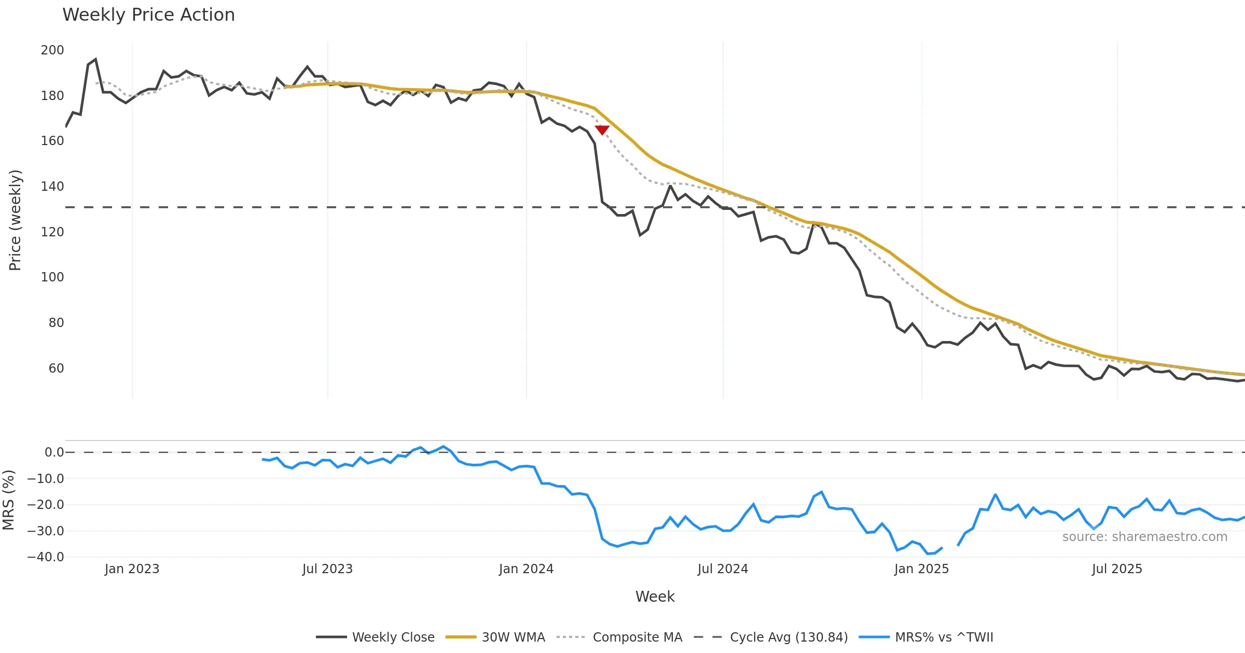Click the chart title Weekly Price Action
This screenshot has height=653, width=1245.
pyautogui.click(x=148, y=15)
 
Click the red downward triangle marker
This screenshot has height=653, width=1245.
pyautogui.click(x=602, y=130)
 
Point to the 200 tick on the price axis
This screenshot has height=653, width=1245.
pyautogui.click(x=52, y=50)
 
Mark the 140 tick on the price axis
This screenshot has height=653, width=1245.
pyautogui.click(x=52, y=187)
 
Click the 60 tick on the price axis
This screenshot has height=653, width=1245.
pyautogui.click(x=56, y=368)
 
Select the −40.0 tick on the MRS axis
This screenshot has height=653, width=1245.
pyautogui.click(x=46, y=557)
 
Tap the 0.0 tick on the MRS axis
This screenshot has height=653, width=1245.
pyautogui.click(x=54, y=452)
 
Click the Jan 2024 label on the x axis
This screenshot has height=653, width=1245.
pyautogui.click(x=526, y=569)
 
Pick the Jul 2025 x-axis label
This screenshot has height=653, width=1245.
pyautogui.click(x=1117, y=569)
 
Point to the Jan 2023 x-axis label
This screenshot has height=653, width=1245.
pyautogui.click(x=132, y=569)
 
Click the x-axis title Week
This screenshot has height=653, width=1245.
pyautogui.click(x=655, y=597)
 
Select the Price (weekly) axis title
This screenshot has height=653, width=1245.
pyautogui.click(x=15, y=220)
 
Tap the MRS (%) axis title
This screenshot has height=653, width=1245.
pyautogui.click(x=8, y=500)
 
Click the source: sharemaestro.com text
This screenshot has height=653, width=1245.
pyautogui.click(x=1144, y=537)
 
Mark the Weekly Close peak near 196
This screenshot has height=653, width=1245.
pyautogui.click(x=95, y=59)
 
